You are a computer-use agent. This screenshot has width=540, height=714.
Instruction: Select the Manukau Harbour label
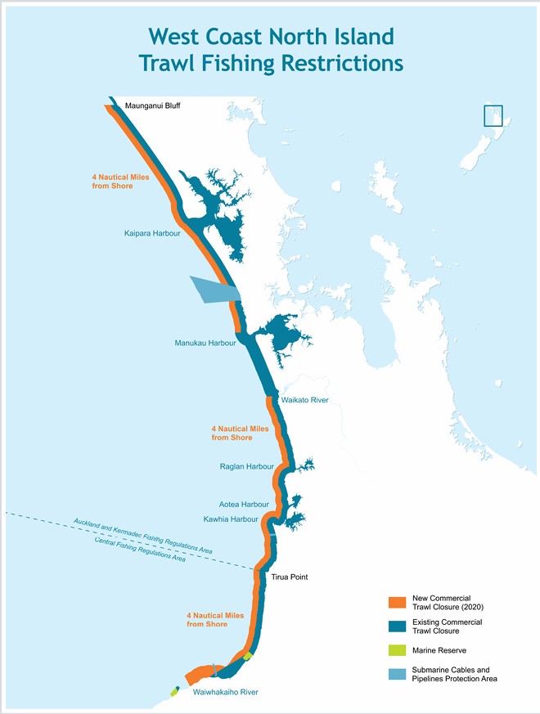click(205, 343)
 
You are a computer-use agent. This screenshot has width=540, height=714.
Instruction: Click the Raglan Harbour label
click(246, 466)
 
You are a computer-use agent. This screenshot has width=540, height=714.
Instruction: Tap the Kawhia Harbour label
click(231, 519)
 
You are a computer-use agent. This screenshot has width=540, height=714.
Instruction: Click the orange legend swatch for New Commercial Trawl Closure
click(397, 603)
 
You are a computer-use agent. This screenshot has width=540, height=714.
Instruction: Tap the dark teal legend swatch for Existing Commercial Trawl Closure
click(397, 627)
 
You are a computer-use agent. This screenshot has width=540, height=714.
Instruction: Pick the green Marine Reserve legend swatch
click(397, 651)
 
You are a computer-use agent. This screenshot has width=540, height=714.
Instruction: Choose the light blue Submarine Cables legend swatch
click(397, 674)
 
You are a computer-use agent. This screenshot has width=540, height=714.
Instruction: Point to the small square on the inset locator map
click(493, 115)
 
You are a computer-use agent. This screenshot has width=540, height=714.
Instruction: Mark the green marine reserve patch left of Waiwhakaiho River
click(174, 691)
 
